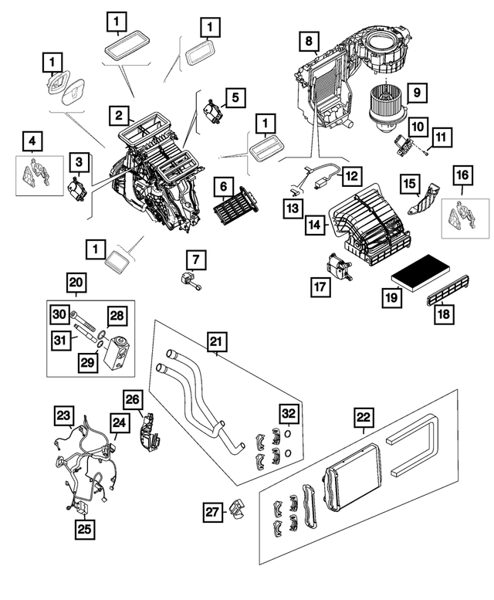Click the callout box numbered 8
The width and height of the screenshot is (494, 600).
(x=309, y=40)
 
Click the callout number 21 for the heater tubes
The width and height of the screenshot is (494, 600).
(x=216, y=341)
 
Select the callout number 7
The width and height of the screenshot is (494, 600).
(x=196, y=257)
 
